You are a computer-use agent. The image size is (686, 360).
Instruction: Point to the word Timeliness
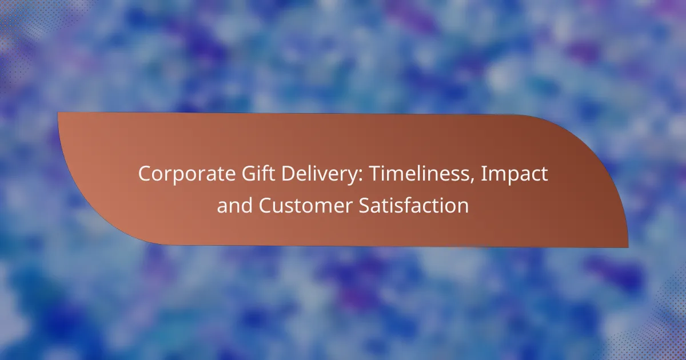tap(419, 173)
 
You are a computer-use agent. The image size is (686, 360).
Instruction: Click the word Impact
tap(514, 174)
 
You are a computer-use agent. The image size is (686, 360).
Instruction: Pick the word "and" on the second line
tap(234, 205)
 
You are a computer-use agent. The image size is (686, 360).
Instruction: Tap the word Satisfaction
tap(413, 205)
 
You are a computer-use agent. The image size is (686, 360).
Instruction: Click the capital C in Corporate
tap(145, 174)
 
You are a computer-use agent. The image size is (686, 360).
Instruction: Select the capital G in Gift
tap(249, 174)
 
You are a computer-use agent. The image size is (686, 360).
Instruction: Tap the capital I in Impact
tap(483, 174)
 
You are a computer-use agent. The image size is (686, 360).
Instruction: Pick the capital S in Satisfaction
tap(365, 205)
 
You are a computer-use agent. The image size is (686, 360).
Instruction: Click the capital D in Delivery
tap(289, 174)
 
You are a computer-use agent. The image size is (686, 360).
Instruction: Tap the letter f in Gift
tap(267, 173)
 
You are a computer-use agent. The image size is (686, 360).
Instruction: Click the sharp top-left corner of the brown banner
tap(58, 113)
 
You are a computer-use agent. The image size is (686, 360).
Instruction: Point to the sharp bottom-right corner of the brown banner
tap(628, 247)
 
